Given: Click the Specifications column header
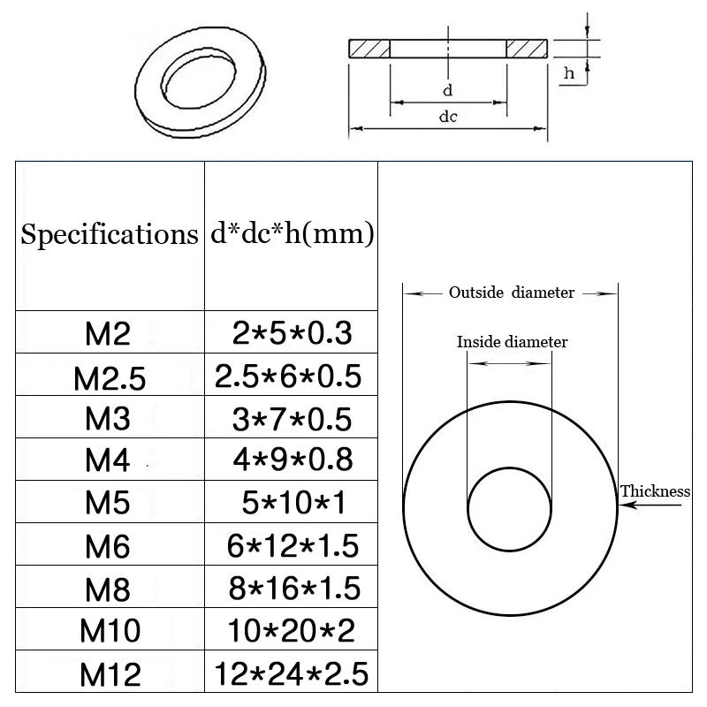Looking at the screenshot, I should pos(110,235).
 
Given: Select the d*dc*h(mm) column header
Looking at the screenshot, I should pos(293,234).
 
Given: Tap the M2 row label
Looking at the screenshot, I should pos(108,333).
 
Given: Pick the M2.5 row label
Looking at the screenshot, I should pos(110,377).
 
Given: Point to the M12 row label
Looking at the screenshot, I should pos(110,675).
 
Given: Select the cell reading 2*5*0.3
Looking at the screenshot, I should pos(292,333).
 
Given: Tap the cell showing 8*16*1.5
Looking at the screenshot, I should pos(293,589).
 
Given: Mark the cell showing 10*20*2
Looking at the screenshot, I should pos(292,631).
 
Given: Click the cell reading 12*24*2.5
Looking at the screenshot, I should pos(292,673).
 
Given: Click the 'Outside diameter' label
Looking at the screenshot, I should pos(511,293).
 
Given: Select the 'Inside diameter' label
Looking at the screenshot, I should pos(512,342).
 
